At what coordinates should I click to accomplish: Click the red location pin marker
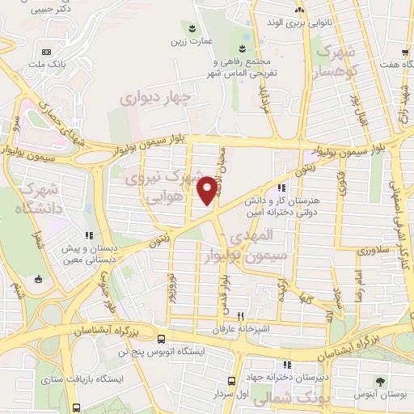[208, 189]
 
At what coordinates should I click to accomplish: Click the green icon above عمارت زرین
[192, 27]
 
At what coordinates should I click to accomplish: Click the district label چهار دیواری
[154, 98]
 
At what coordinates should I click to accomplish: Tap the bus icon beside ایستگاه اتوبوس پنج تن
[163, 339]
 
